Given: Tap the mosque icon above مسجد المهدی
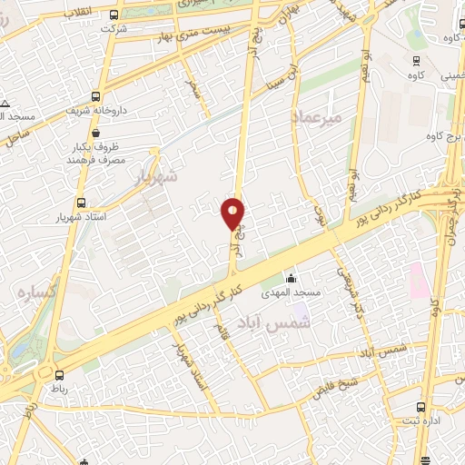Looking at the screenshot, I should [x=291, y=278].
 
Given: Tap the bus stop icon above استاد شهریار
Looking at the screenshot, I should [x=82, y=203].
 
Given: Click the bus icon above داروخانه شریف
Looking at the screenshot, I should [x=95, y=95].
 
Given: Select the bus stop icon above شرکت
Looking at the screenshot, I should [x=114, y=15].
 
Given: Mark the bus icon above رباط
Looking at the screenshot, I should [x=60, y=374].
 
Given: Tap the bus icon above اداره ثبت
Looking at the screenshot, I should [x=420, y=407].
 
